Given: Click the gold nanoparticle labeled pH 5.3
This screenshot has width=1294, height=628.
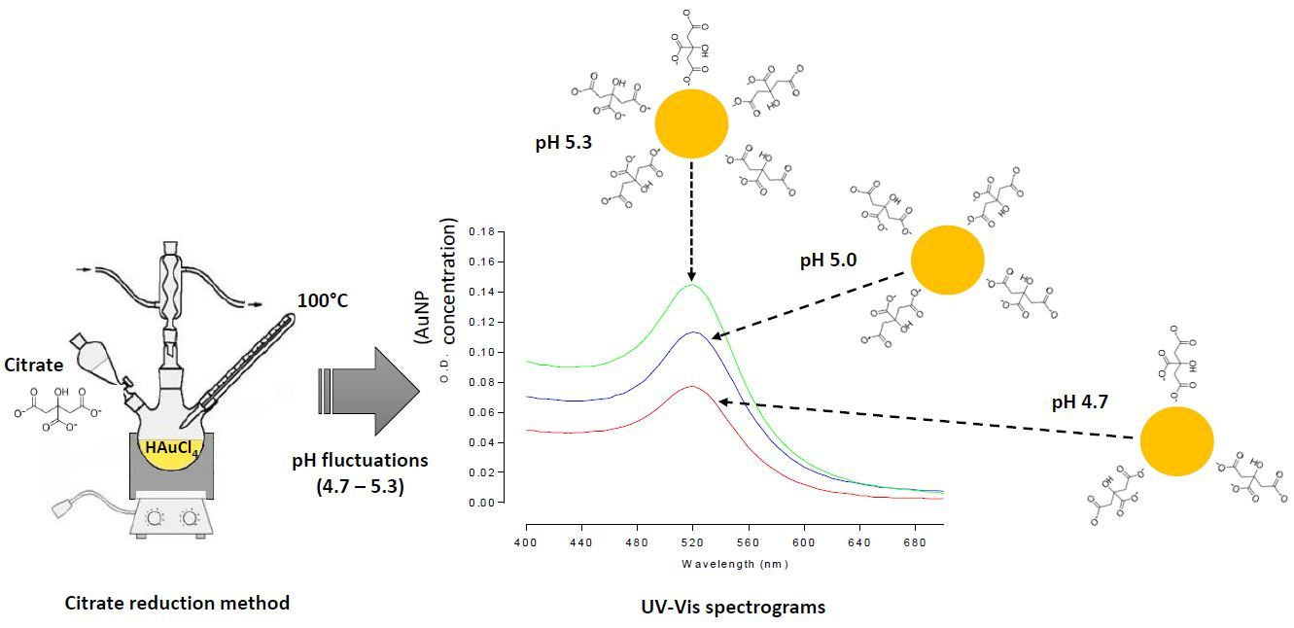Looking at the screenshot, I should click(x=691, y=123).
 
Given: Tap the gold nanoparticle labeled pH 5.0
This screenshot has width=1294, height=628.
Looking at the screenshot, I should click(x=947, y=259).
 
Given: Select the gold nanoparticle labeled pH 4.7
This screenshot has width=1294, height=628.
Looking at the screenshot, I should click(x=1176, y=441).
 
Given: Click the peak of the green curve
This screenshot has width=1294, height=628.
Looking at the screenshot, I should click(x=692, y=285).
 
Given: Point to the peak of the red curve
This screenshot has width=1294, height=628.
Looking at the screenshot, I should click(x=692, y=386).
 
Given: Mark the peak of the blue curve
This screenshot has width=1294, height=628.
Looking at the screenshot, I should click(x=692, y=332).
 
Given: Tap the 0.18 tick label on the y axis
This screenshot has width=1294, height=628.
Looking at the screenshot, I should click(x=482, y=232).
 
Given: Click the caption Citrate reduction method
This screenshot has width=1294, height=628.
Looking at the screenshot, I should click(x=177, y=603).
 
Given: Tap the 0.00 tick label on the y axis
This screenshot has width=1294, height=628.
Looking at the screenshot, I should click(x=482, y=503).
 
